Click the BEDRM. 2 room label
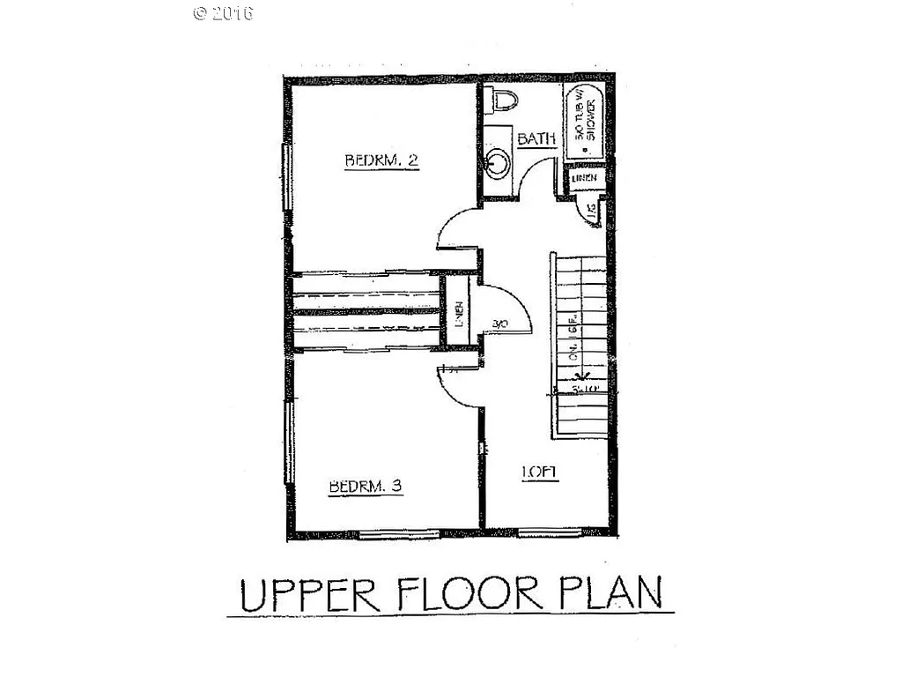(x=381, y=160)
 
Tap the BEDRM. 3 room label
(x=366, y=487)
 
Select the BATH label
(x=536, y=138)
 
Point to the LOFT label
(x=539, y=472)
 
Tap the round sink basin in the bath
(x=498, y=162)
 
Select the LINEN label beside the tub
(x=584, y=179)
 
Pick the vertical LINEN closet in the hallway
(x=457, y=313)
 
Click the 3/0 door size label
(x=501, y=324)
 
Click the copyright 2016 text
(x=223, y=13)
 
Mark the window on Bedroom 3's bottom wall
(x=399, y=533)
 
